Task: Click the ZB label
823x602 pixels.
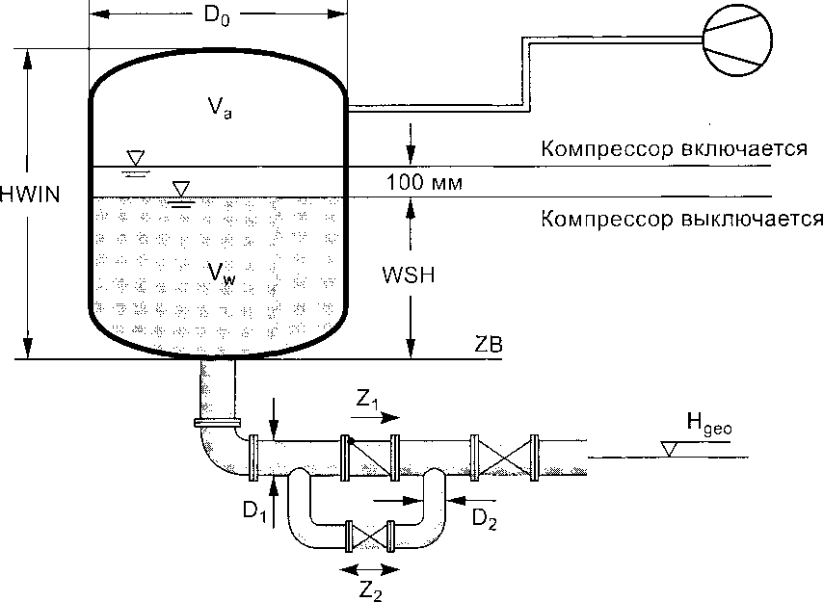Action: click(488, 344)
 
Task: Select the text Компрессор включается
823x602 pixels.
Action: click(673, 149)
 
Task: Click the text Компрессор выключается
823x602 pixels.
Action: click(681, 218)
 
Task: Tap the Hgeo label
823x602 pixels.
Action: click(710, 420)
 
